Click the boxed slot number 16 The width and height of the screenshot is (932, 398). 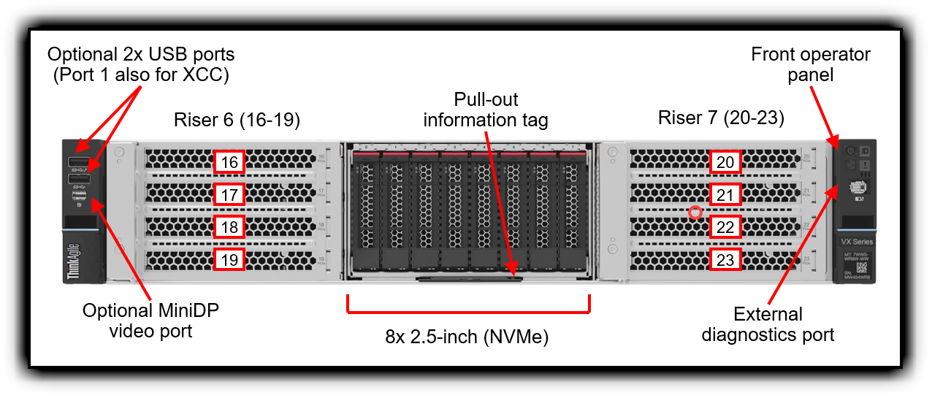(x=229, y=162)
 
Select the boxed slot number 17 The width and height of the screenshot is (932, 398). (x=229, y=195)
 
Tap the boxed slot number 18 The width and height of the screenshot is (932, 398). (x=229, y=227)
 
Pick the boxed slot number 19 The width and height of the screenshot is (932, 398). (x=229, y=259)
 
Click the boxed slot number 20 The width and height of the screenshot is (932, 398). (x=725, y=162)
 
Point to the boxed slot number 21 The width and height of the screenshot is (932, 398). (x=725, y=195)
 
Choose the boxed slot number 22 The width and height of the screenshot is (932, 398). (x=725, y=227)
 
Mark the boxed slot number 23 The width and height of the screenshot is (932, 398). (x=725, y=259)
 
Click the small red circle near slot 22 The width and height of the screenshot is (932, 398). (x=695, y=213)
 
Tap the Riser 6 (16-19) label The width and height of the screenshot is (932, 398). (x=237, y=120)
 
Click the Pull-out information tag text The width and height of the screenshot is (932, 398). (x=486, y=110)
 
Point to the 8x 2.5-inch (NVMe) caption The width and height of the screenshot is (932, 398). (x=467, y=337)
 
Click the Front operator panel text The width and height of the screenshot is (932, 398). (x=811, y=65)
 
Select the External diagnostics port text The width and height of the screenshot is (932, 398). (x=768, y=324)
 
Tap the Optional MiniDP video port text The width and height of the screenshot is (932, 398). (x=150, y=321)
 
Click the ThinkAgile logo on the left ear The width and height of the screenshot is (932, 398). (x=72, y=261)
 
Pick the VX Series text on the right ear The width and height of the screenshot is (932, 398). (x=857, y=241)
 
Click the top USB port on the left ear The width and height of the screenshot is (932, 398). (x=78, y=161)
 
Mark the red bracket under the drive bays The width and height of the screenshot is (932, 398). (x=467, y=312)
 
